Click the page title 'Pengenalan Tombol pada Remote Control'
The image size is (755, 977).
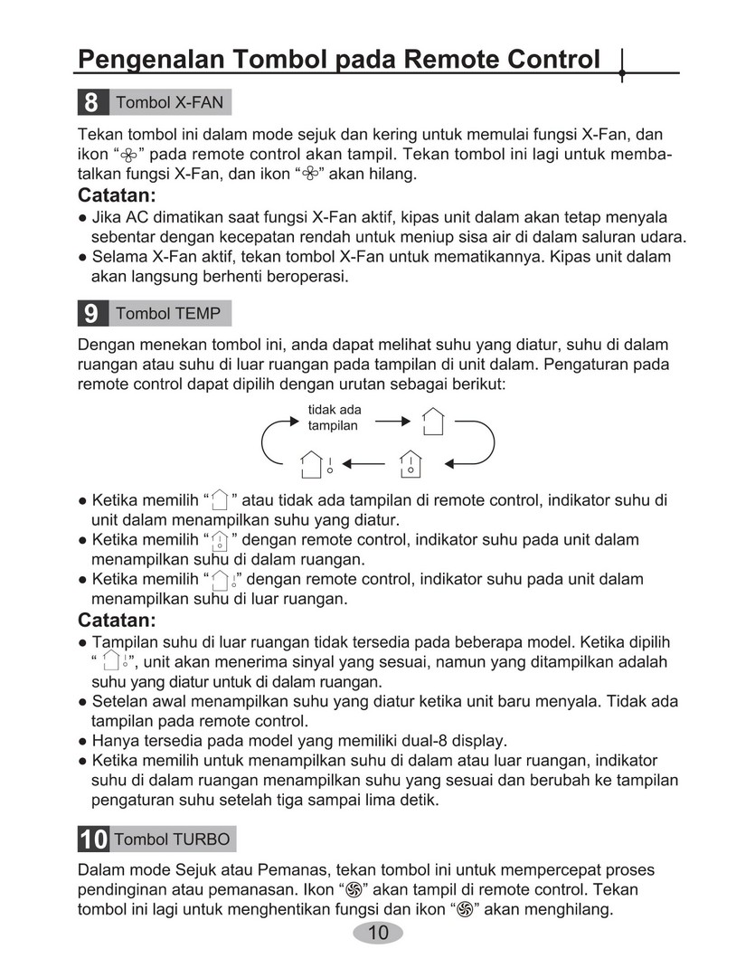(x=339, y=60)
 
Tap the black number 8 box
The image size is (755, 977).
(x=91, y=102)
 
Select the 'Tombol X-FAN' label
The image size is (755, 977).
(x=169, y=102)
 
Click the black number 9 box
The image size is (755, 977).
(x=91, y=314)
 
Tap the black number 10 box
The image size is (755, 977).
(x=93, y=839)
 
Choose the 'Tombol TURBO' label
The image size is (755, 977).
(x=173, y=839)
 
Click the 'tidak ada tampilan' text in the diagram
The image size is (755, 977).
(x=334, y=417)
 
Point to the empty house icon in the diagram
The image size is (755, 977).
(x=433, y=421)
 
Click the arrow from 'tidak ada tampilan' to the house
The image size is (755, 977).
(x=392, y=421)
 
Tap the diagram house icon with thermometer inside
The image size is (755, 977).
(x=410, y=463)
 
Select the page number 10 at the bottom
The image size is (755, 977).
(x=378, y=934)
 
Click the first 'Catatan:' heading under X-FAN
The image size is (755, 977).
(x=117, y=196)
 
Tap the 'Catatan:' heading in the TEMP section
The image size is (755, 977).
(x=117, y=621)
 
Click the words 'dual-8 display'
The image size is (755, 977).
(x=460, y=740)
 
